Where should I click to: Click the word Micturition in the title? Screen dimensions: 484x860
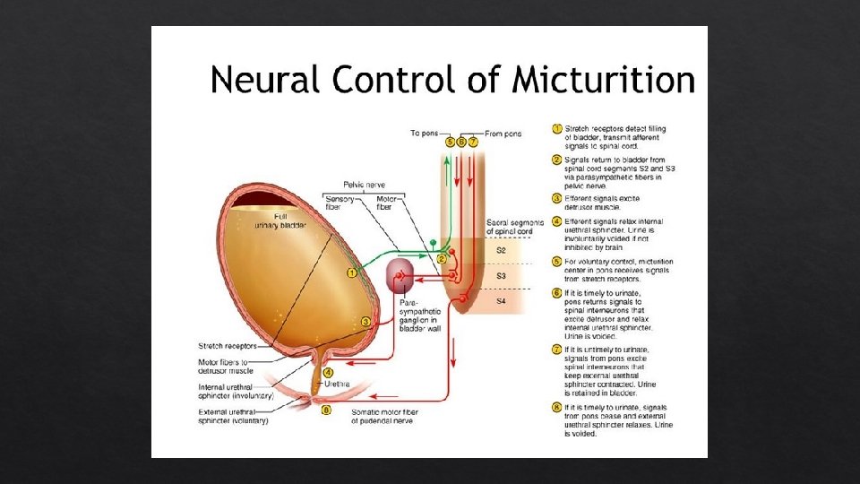click(x=604, y=82)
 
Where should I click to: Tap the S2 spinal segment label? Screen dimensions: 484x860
click(x=501, y=251)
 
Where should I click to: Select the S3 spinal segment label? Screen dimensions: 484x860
click(x=501, y=276)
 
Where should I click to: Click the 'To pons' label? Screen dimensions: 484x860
click(x=425, y=134)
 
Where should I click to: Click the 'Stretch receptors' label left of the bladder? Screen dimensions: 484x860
click(x=228, y=346)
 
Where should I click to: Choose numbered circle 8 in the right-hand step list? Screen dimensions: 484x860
click(x=555, y=407)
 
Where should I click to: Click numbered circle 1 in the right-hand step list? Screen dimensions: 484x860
click(x=555, y=130)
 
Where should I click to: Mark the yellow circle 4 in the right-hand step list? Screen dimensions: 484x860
click(x=555, y=221)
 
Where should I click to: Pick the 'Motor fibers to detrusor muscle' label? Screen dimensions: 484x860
click(x=227, y=367)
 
